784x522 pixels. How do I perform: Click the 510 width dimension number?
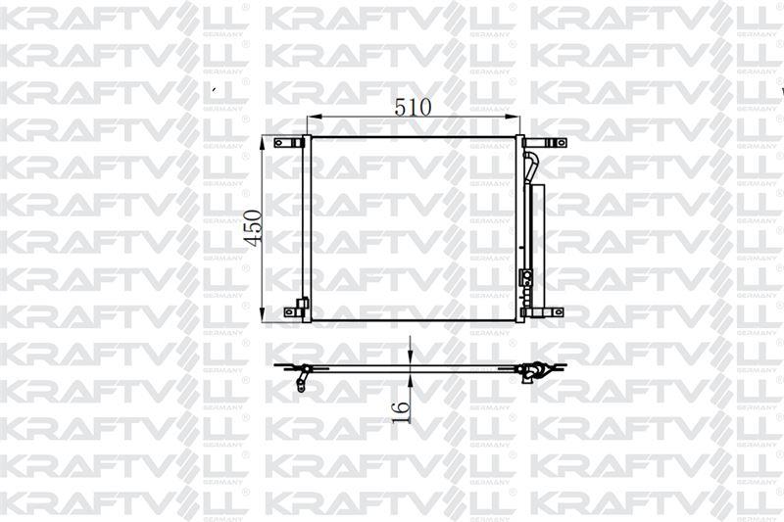click(414, 107)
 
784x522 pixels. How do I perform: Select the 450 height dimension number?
click(253, 227)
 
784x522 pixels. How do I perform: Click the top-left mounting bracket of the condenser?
click(289, 143)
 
